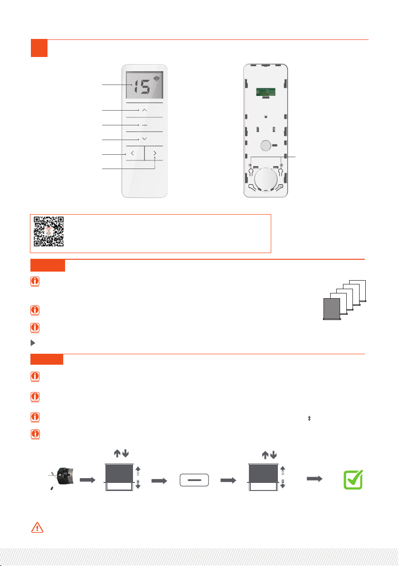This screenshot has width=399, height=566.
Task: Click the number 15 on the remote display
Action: click(142, 87)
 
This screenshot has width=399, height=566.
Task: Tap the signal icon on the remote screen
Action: click(156, 78)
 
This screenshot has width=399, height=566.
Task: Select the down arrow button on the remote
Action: click(144, 139)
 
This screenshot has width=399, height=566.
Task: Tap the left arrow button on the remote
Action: click(133, 153)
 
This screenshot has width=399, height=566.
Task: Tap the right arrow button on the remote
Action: click(155, 153)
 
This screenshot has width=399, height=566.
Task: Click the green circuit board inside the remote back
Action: click(266, 92)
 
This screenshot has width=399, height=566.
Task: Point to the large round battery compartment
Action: click(266, 179)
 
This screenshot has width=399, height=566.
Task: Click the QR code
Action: click(49, 231)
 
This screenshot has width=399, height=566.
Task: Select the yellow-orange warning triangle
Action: click(37, 528)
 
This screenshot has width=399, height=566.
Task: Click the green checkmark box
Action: click(353, 480)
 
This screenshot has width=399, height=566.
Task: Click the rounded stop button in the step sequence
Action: click(194, 480)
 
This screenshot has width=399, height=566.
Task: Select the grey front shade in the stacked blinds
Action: click(332, 309)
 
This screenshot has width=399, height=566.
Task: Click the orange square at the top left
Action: click(39, 48)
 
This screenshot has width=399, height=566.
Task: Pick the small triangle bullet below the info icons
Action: click(33, 343)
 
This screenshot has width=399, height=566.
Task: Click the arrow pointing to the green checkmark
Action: click(314, 479)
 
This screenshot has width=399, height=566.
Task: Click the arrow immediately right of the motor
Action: click(87, 480)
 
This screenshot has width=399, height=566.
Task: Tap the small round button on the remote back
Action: click(266, 145)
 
